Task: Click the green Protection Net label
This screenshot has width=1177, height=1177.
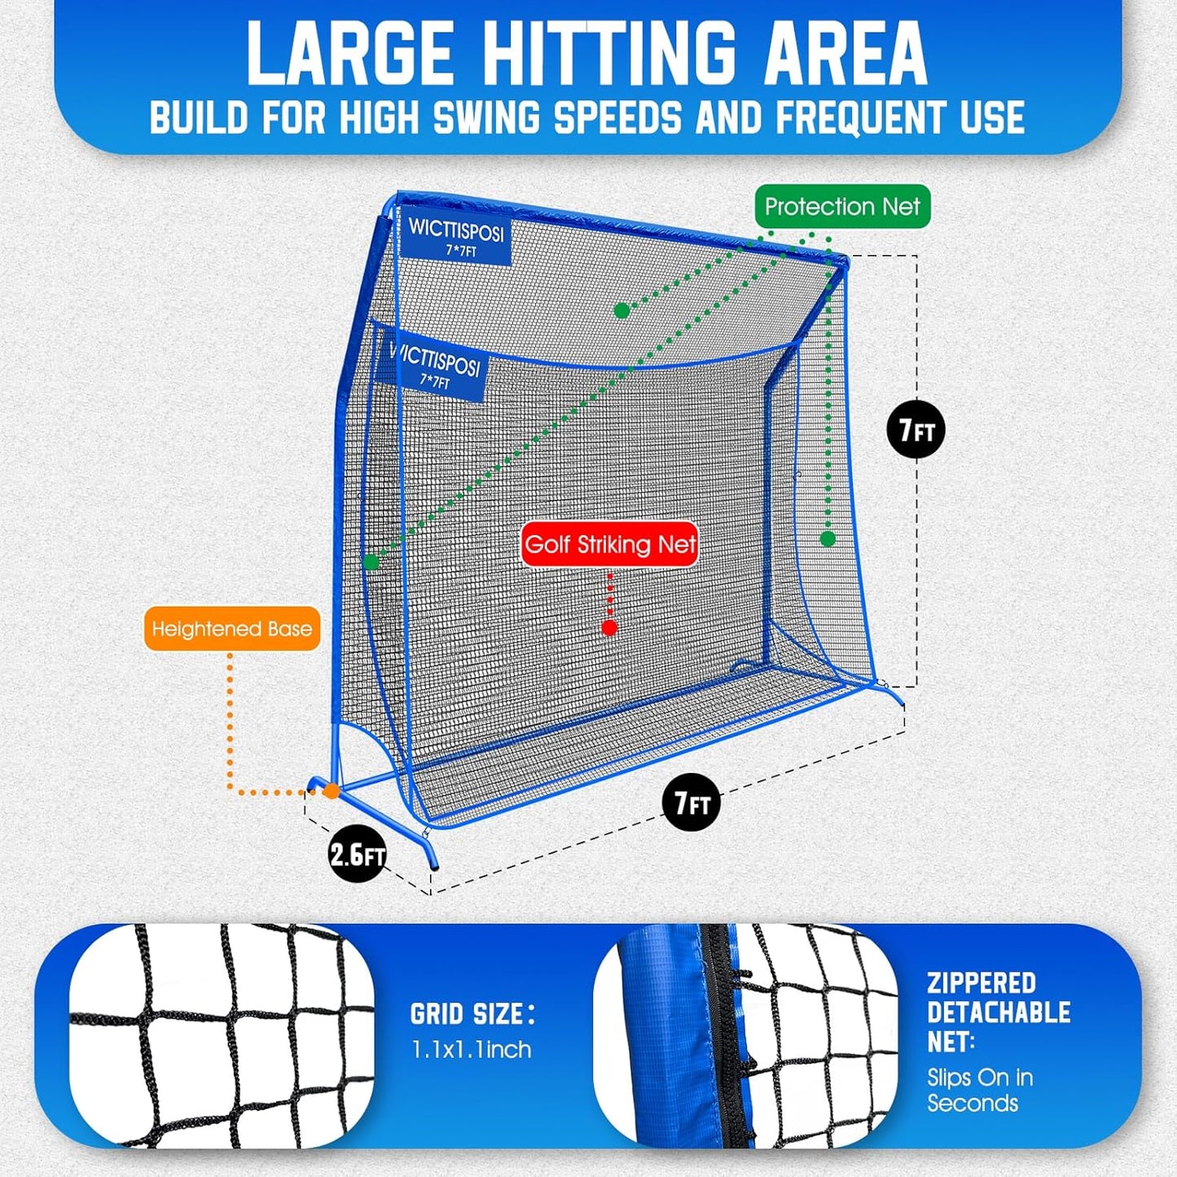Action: tap(842, 207)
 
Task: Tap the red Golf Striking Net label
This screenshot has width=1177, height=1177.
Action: tap(610, 544)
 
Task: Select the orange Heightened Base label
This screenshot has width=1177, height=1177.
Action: tap(232, 629)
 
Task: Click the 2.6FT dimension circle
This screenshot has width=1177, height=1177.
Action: tap(357, 854)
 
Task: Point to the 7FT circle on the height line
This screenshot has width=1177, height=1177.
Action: tap(916, 429)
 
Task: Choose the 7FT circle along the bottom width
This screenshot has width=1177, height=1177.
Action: tap(692, 803)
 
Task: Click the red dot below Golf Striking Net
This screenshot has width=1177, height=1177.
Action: tap(609, 627)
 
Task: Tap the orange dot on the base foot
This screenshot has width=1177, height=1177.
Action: tap(331, 790)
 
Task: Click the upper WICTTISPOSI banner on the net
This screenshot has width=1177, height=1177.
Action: tap(455, 237)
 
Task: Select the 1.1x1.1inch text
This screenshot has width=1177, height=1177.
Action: tap(472, 1049)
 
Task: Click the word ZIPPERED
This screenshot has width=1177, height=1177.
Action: tap(982, 983)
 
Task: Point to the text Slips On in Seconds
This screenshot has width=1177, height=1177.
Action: tap(980, 1090)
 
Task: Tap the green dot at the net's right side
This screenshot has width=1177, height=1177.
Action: tap(828, 538)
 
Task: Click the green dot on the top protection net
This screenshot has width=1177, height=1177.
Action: tap(621, 310)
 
